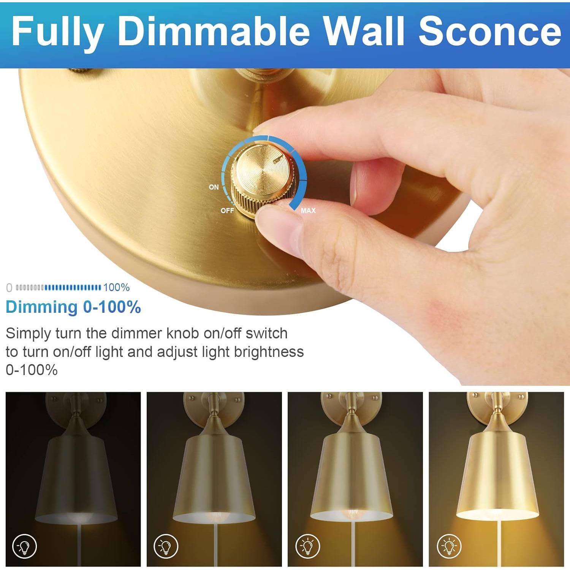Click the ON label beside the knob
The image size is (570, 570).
tap(214, 187)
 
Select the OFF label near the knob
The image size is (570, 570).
tap(227, 211)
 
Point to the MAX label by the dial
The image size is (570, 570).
tap(308, 211)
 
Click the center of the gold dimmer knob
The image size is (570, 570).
tap(262, 171)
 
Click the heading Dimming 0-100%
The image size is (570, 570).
tap(73, 307)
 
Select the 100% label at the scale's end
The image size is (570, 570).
tap(116, 288)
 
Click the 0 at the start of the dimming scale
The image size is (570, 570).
tap(9, 288)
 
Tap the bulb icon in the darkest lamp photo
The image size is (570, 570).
tap(25, 546)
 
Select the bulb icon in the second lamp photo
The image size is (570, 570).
tap(166, 546)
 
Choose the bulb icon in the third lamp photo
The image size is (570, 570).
tap(307, 546)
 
